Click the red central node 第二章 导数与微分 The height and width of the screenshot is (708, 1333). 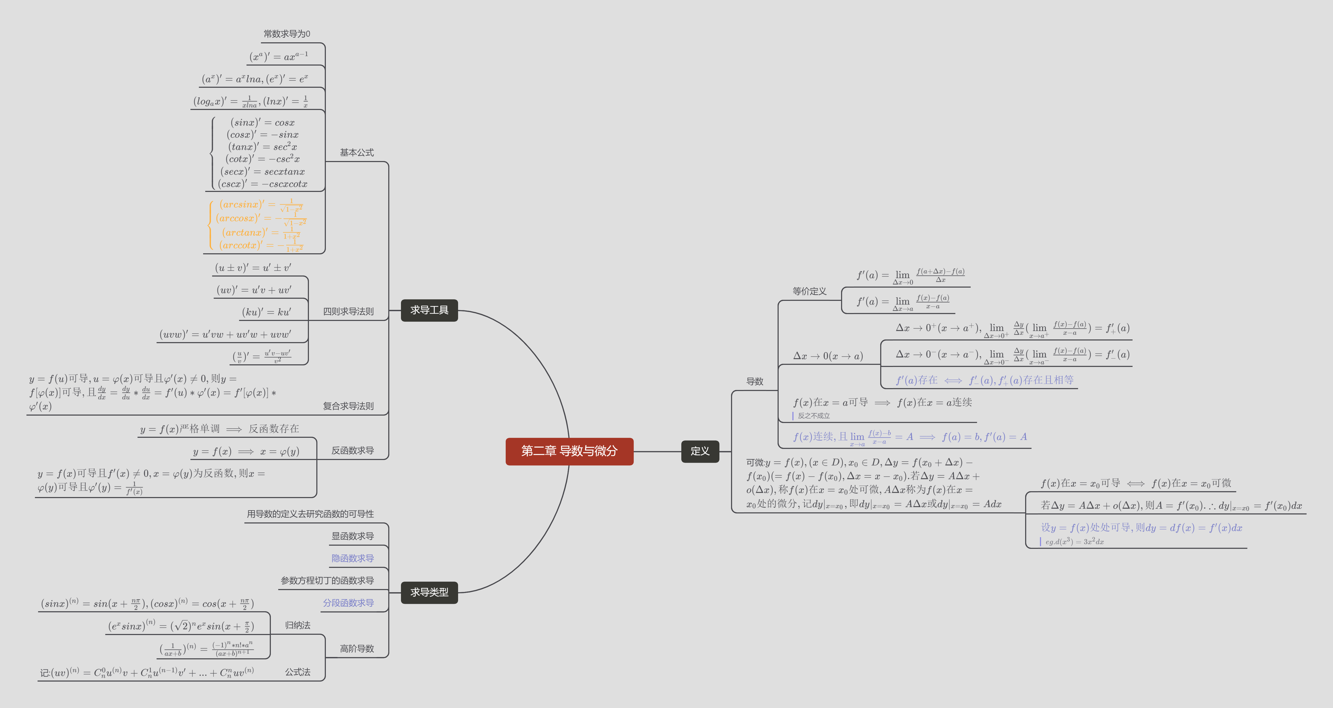tap(569, 451)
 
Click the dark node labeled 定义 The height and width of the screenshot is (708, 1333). tap(700, 451)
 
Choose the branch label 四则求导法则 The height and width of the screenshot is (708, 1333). tap(348, 311)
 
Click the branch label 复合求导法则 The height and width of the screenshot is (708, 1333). tap(348, 406)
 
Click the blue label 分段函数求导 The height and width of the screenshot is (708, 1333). tap(348, 603)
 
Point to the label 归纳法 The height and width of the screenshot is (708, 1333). tap(298, 625)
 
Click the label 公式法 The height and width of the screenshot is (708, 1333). tap(298, 672)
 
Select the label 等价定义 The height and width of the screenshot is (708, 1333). tap(809, 291)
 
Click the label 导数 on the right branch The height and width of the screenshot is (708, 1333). tap(755, 381)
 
